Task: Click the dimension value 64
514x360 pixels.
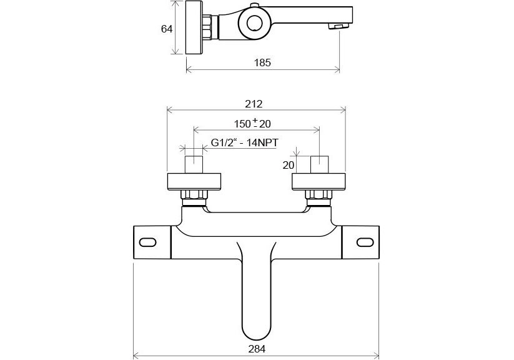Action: coord(167,29)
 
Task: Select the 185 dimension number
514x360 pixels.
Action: coord(262,62)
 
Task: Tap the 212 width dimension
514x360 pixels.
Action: coord(254,104)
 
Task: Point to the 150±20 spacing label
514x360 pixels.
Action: coord(252,123)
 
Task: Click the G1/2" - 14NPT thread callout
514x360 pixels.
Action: coord(245,142)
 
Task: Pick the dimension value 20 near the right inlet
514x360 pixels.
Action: coord(288,165)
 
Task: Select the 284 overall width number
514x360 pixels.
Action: coord(257,349)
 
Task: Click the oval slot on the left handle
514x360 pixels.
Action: coord(148,242)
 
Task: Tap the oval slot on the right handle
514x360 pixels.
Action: coord(365,242)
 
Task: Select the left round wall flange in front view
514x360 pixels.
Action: coord(194,181)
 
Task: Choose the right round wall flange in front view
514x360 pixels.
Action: coord(319,181)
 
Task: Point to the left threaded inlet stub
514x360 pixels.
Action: coord(194,164)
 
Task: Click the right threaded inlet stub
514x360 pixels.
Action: coord(319,164)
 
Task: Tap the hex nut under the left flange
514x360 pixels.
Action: coord(194,194)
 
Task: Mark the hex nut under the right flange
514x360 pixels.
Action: coord(319,194)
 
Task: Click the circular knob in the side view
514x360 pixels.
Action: coord(254,23)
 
